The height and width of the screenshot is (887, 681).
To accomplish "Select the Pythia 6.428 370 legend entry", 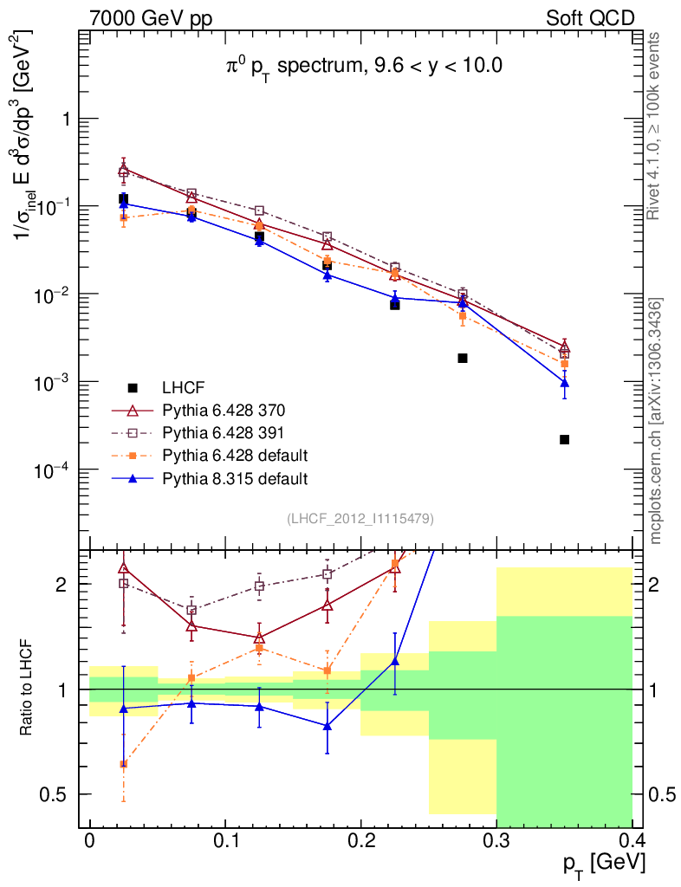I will tap(224, 410).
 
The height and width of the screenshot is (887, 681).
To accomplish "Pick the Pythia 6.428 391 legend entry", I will tap(224, 432).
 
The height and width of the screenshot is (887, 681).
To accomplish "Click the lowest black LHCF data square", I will tap(564, 440).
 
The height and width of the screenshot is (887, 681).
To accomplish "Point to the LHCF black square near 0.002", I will tap(463, 358).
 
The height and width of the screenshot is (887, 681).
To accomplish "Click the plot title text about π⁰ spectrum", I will tap(359, 66).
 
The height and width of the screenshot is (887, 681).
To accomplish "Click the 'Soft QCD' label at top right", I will tap(590, 18).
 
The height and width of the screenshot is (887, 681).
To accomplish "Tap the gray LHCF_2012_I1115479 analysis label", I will tap(360, 518).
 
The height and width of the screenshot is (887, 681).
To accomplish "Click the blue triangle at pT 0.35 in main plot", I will tap(564, 383).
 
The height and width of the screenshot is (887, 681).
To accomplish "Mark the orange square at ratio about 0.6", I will tap(124, 764).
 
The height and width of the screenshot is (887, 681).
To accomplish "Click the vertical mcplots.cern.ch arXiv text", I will tap(656, 420).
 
